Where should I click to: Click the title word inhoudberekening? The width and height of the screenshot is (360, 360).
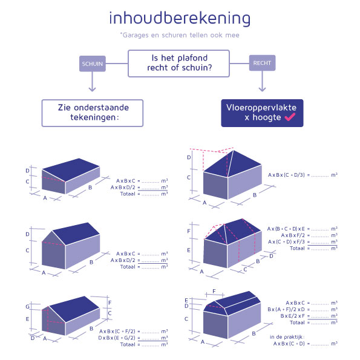[180, 18]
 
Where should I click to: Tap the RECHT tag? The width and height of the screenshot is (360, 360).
[261, 62]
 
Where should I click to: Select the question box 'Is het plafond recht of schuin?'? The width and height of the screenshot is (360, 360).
[179, 63]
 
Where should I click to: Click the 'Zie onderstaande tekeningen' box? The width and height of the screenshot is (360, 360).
[92, 113]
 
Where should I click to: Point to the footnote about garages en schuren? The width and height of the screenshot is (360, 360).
[180, 35]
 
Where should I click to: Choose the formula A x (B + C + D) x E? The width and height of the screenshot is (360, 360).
[287, 229]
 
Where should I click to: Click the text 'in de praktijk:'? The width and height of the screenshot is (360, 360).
[287, 336]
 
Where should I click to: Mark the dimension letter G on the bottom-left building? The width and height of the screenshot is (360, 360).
[27, 307]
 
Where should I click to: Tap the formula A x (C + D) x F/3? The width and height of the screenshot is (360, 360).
[290, 242]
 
